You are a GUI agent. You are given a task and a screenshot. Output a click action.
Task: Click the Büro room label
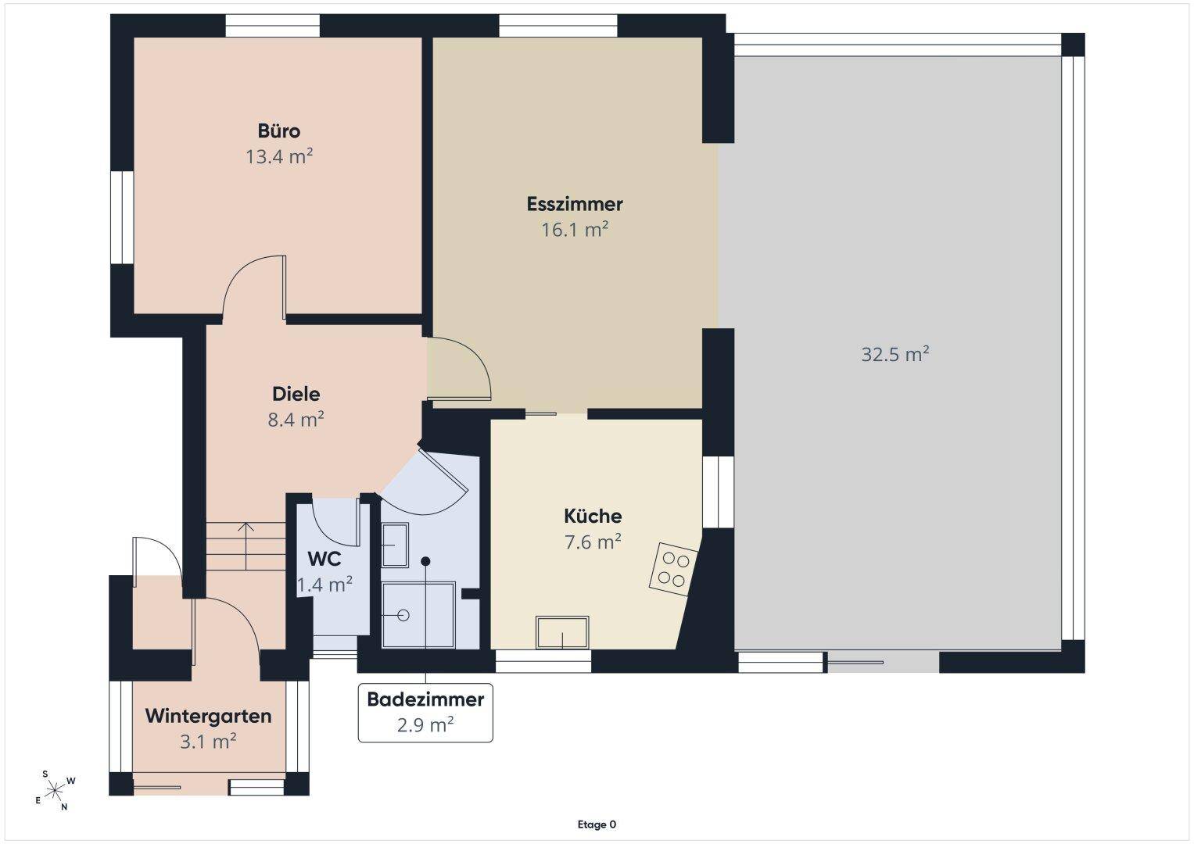(x=279, y=131)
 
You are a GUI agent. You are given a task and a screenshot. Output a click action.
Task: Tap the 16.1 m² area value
(x=575, y=230)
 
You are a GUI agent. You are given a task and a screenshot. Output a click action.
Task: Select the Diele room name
(x=296, y=394)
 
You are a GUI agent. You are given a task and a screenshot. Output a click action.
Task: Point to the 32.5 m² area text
(x=895, y=354)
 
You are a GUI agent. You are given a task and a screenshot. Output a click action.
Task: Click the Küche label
(x=593, y=516)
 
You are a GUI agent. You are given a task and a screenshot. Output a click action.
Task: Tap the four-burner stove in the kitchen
(x=673, y=569)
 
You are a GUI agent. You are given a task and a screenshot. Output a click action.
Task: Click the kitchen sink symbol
(x=562, y=632)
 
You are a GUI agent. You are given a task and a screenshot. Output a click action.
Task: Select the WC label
(x=324, y=559)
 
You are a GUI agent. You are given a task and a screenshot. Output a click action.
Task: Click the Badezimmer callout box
(x=425, y=713)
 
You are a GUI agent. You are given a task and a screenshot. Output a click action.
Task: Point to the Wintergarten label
(x=209, y=716)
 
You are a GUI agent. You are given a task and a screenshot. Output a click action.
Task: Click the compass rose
(x=55, y=790)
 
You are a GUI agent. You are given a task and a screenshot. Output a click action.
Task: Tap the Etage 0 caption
(x=597, y=824)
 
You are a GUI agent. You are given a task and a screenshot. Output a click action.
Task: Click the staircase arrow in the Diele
(x=246, y=546)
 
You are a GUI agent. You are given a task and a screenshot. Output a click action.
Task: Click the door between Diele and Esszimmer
(x=460, y=367)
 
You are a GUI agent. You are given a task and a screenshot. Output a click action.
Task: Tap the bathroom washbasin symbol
(x=395, y=545)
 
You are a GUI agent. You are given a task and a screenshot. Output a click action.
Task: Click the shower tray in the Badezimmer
(x=418, y=615)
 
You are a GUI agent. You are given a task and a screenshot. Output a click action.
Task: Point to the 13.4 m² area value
(x=279, y=156)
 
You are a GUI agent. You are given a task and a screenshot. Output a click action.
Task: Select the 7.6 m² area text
(x=593, y=542)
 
